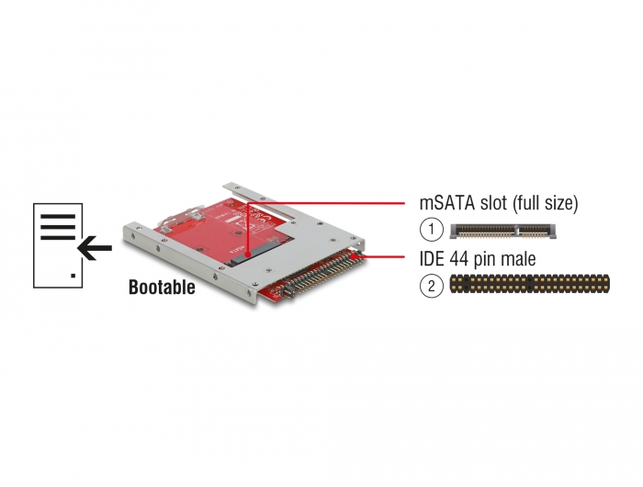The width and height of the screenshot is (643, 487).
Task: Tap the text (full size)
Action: point(545,203)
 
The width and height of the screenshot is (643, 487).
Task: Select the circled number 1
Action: point(432,230)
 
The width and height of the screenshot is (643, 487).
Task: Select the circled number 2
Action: point(432,286)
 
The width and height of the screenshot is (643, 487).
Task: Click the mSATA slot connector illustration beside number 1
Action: point(504,231)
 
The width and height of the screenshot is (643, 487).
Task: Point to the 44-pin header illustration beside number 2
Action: point(529,284)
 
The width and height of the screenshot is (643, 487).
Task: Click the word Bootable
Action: point(162,287)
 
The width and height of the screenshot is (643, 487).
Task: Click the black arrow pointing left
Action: point(95,248)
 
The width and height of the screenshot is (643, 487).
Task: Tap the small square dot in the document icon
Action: point(73,276)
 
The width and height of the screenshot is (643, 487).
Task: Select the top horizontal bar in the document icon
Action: point(58,216)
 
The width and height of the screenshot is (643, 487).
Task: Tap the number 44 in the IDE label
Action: point(460,259)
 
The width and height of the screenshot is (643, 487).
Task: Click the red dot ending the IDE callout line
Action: point(353,256)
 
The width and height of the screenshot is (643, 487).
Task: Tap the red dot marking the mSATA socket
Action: point(248,255)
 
